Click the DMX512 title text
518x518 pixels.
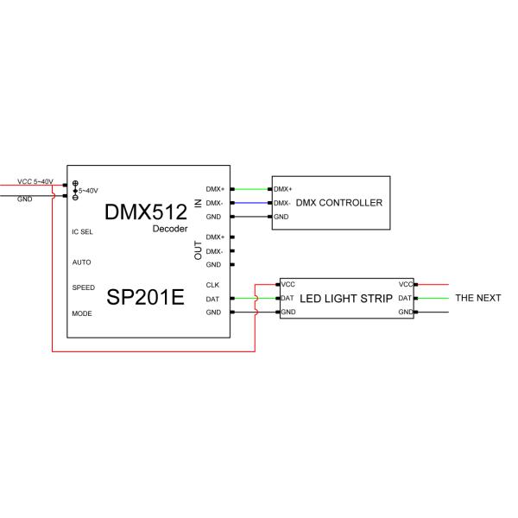(146, 212)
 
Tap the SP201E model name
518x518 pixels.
(146, 298)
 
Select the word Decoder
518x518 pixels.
(170, 229)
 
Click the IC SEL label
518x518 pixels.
(83, 231)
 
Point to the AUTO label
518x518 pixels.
(81, 262)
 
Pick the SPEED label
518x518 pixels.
(84, 286)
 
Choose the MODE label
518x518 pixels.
(82, 313)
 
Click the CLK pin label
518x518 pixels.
(212, 285)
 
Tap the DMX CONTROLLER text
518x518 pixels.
(338, 203)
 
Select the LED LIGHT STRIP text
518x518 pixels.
(346, 298)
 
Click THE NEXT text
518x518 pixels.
(477, 298)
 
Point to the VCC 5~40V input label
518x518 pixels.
(35, 181)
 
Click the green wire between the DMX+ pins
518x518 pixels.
(251, 189)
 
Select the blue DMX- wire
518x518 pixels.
(251, 203)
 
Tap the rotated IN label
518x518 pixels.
(198, 203)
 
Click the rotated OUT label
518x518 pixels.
(198, 250)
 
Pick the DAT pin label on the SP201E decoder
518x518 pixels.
(212, 299)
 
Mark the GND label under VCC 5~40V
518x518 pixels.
(25, 198)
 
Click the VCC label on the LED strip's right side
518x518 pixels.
(405, 284)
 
